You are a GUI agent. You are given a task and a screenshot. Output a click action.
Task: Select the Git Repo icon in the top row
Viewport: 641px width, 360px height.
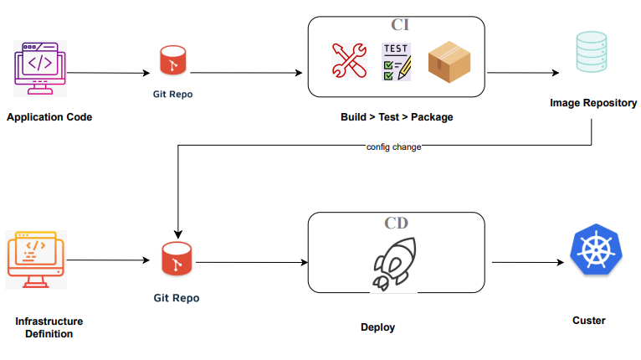coord(173,63)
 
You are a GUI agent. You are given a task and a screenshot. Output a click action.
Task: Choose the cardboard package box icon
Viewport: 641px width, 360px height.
coord(449,63)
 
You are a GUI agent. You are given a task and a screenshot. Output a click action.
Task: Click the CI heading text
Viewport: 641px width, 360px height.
coord(400,25)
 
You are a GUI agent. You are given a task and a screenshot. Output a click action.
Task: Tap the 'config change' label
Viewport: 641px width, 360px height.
coord(393,147)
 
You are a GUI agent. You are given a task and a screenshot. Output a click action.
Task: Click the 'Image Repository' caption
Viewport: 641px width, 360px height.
coord(593,103)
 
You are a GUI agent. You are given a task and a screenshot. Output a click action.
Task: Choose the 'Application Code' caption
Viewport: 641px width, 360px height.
coord(49,117)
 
